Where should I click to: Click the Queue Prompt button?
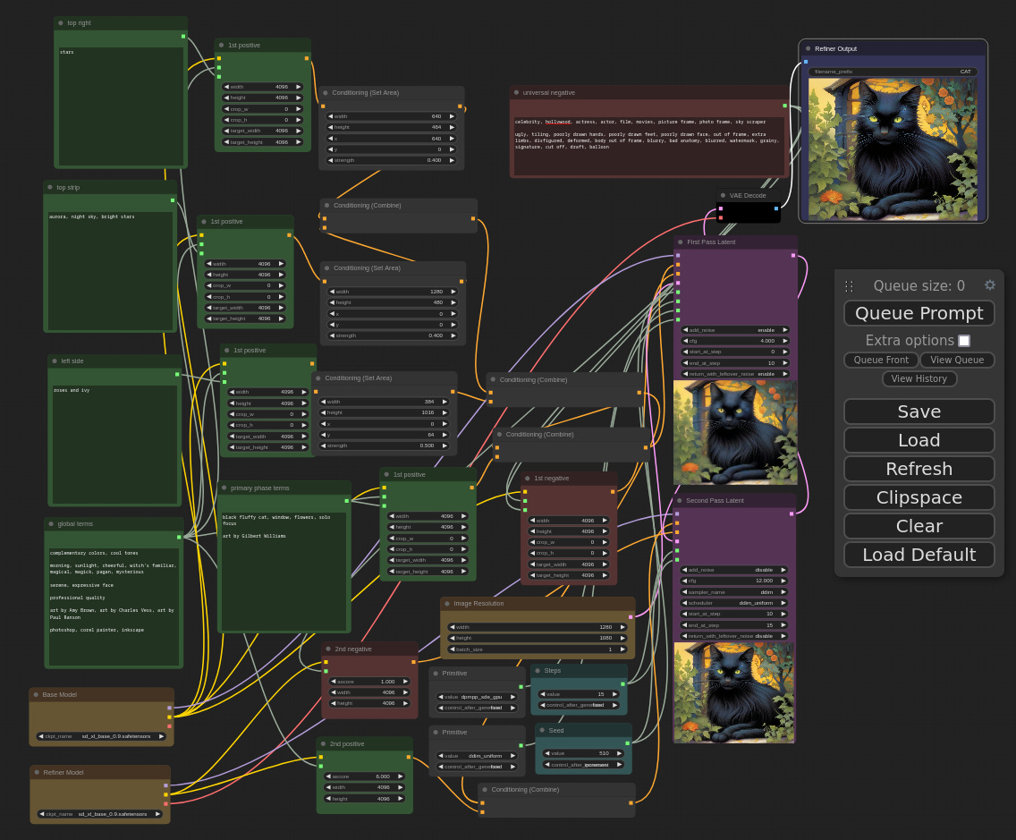(919, 313)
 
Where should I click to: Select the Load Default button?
(919, 555)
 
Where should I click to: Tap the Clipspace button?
(919, 497)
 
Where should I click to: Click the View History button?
(919, 378)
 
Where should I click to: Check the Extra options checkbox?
(964, 341)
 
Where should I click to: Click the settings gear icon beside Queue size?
(989, 285)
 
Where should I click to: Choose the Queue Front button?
(881, 360)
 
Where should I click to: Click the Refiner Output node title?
(835, 48)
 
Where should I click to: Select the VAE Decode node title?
(748, 195)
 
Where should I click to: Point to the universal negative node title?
(549, 92)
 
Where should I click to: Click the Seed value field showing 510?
(583, 753)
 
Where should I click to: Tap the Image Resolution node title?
(478, 603)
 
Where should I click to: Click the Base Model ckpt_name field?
(101, 736)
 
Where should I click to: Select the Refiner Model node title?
(63, 772)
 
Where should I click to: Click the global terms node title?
(75, 523)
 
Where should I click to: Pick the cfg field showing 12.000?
(734, 581)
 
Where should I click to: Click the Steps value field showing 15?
(579, 694)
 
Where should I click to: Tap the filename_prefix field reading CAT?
(892, 72)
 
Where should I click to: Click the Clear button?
(919, 526)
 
